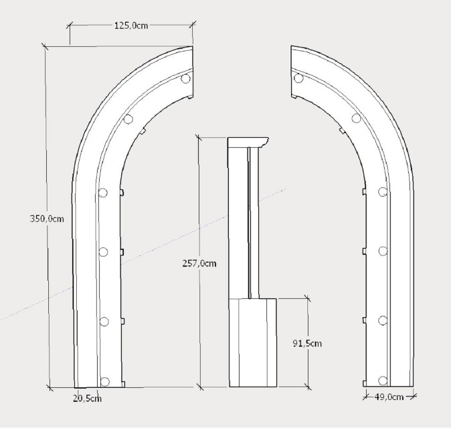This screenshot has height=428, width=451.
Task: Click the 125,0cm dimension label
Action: point(131,25)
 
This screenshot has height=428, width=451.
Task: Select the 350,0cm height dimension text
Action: point(47,219)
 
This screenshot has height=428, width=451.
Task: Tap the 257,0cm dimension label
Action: point(199,263)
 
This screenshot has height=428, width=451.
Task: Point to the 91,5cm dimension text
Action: point(307,343)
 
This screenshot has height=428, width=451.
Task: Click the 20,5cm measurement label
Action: point(87,399)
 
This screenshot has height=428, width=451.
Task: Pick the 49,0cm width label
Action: point(389,397)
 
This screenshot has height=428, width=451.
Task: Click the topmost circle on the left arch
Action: point(185,78)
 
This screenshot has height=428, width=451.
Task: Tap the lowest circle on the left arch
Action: point(104,381)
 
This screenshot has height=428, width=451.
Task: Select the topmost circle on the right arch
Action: point(298,78)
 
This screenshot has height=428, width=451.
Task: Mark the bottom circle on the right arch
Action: point(383,381)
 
